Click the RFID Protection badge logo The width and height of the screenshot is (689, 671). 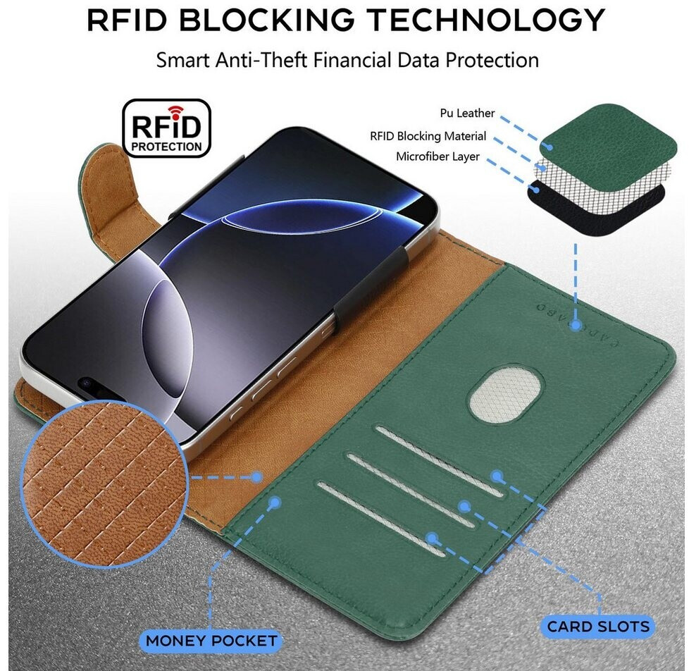pyautogui.click(x=166, y=128)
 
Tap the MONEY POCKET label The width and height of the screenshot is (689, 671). pyautogui.click(x=211, y=641)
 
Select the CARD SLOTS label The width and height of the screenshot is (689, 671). pyautogui.click(x=598, y=626)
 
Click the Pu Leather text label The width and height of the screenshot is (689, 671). pyautogui.click(x=467, y=113)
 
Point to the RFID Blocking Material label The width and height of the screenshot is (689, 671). pyautogui.click(x=428, y=136)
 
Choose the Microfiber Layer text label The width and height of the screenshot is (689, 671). pyautogui.click(x=437, y=156)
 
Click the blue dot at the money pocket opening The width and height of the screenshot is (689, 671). pyautogui.click(x=275, y=503)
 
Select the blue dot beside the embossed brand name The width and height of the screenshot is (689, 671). pyautogui.click(x=576, y=326)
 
